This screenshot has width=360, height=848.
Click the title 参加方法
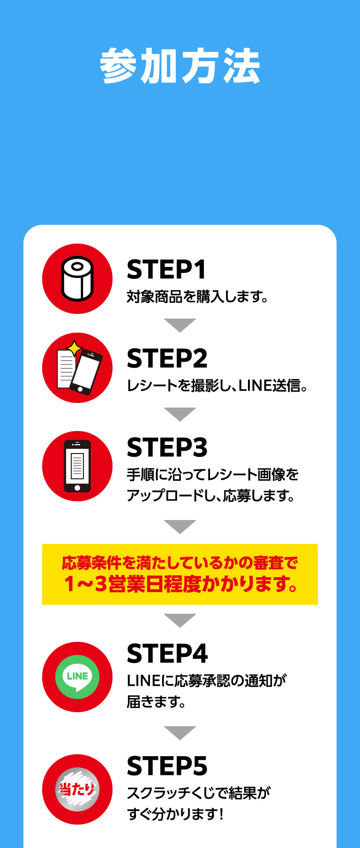point(180,66)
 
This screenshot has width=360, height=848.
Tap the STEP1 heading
point(166,270)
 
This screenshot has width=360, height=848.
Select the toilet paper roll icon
point(77,279)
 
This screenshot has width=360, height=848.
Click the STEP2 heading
point(167,359)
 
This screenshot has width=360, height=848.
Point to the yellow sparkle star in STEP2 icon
point(74,348)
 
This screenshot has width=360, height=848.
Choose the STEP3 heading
point(167,448)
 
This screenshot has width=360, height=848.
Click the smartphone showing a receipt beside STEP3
point(77,466)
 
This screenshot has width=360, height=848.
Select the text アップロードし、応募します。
point(211,495)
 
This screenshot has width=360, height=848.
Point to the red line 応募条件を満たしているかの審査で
point(180,563)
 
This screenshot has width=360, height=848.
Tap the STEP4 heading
point(167,654)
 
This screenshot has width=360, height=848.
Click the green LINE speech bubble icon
point(77,677)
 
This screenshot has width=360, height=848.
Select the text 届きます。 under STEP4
point(157,702)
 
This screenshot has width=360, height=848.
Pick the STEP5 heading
point(167,766)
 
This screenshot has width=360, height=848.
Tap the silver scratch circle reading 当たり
point(77,789)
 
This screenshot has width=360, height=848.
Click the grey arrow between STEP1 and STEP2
point(180,325)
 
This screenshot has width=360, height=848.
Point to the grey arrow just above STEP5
point(180,732)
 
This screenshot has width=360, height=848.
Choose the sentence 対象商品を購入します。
point(197,297)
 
